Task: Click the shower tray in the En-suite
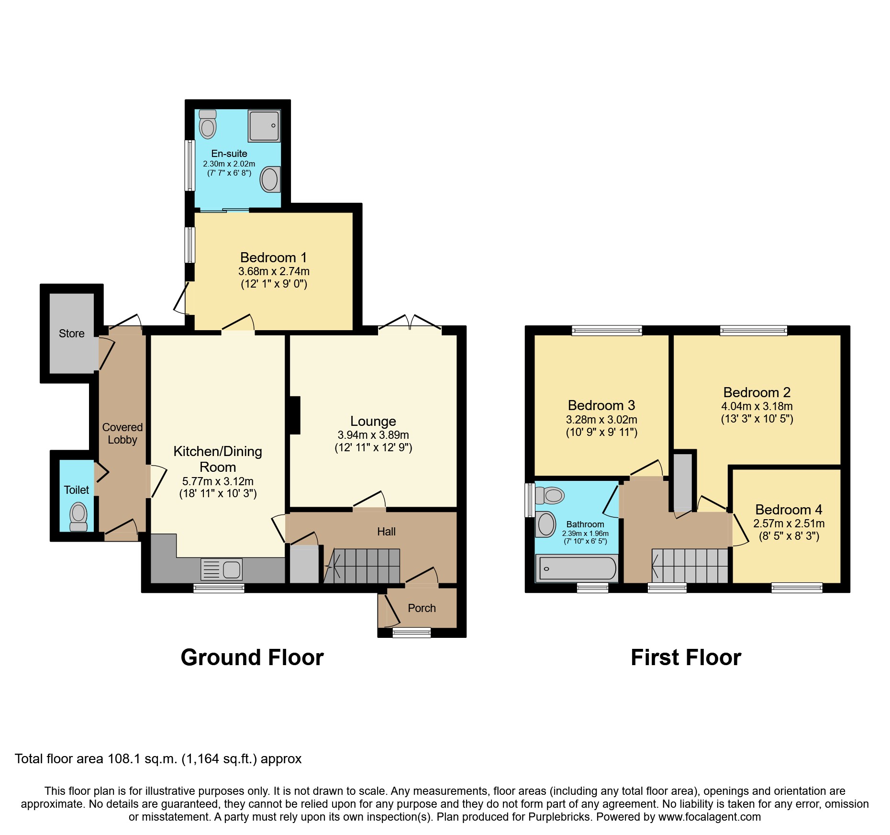pos(264,126)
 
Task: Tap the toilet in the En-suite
pos(208,124)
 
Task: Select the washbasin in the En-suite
pos(270,180)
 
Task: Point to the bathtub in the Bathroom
pos(577,568)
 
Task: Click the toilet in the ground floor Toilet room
pos(78,517)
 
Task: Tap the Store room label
pos(72,334)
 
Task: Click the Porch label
pos(422,608)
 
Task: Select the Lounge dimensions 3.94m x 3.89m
pos(373,435)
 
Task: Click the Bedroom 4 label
pos(789,510)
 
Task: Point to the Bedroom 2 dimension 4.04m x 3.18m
pos(757,406)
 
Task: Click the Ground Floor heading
pos(252,657)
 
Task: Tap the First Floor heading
pos(686,657)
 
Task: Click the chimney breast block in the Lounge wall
pos(295,415)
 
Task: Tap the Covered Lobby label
pos(122,434)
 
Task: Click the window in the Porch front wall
pos(412,633)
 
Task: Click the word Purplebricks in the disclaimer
pos(559,817)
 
